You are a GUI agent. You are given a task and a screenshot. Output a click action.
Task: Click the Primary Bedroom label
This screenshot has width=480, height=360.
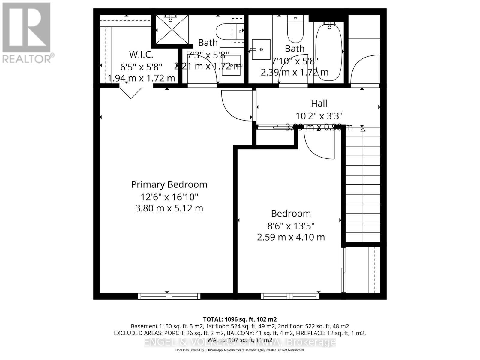pos(169,184)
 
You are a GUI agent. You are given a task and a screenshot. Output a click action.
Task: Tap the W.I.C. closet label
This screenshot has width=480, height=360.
pos(141,55)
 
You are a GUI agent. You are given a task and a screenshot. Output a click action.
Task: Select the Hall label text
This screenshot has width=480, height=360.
pos(319,103)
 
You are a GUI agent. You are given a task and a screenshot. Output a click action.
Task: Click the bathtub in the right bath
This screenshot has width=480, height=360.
pos(329,52)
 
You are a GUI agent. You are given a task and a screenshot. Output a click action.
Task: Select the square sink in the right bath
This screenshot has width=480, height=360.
pos(261,49)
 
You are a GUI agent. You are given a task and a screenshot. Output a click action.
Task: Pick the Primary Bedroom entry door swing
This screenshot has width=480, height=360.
pos(235,105)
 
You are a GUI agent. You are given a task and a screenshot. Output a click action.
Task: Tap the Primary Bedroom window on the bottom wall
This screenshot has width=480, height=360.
pos(169,296)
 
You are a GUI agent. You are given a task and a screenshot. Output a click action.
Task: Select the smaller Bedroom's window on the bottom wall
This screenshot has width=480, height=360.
pos(290,296)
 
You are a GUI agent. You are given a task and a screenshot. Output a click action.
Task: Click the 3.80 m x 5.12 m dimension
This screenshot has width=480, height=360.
pos(169,208)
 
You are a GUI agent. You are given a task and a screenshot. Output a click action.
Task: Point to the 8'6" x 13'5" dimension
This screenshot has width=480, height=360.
pos(291,226)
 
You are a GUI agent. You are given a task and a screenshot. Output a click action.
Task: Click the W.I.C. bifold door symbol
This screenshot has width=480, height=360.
pos(131,93)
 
